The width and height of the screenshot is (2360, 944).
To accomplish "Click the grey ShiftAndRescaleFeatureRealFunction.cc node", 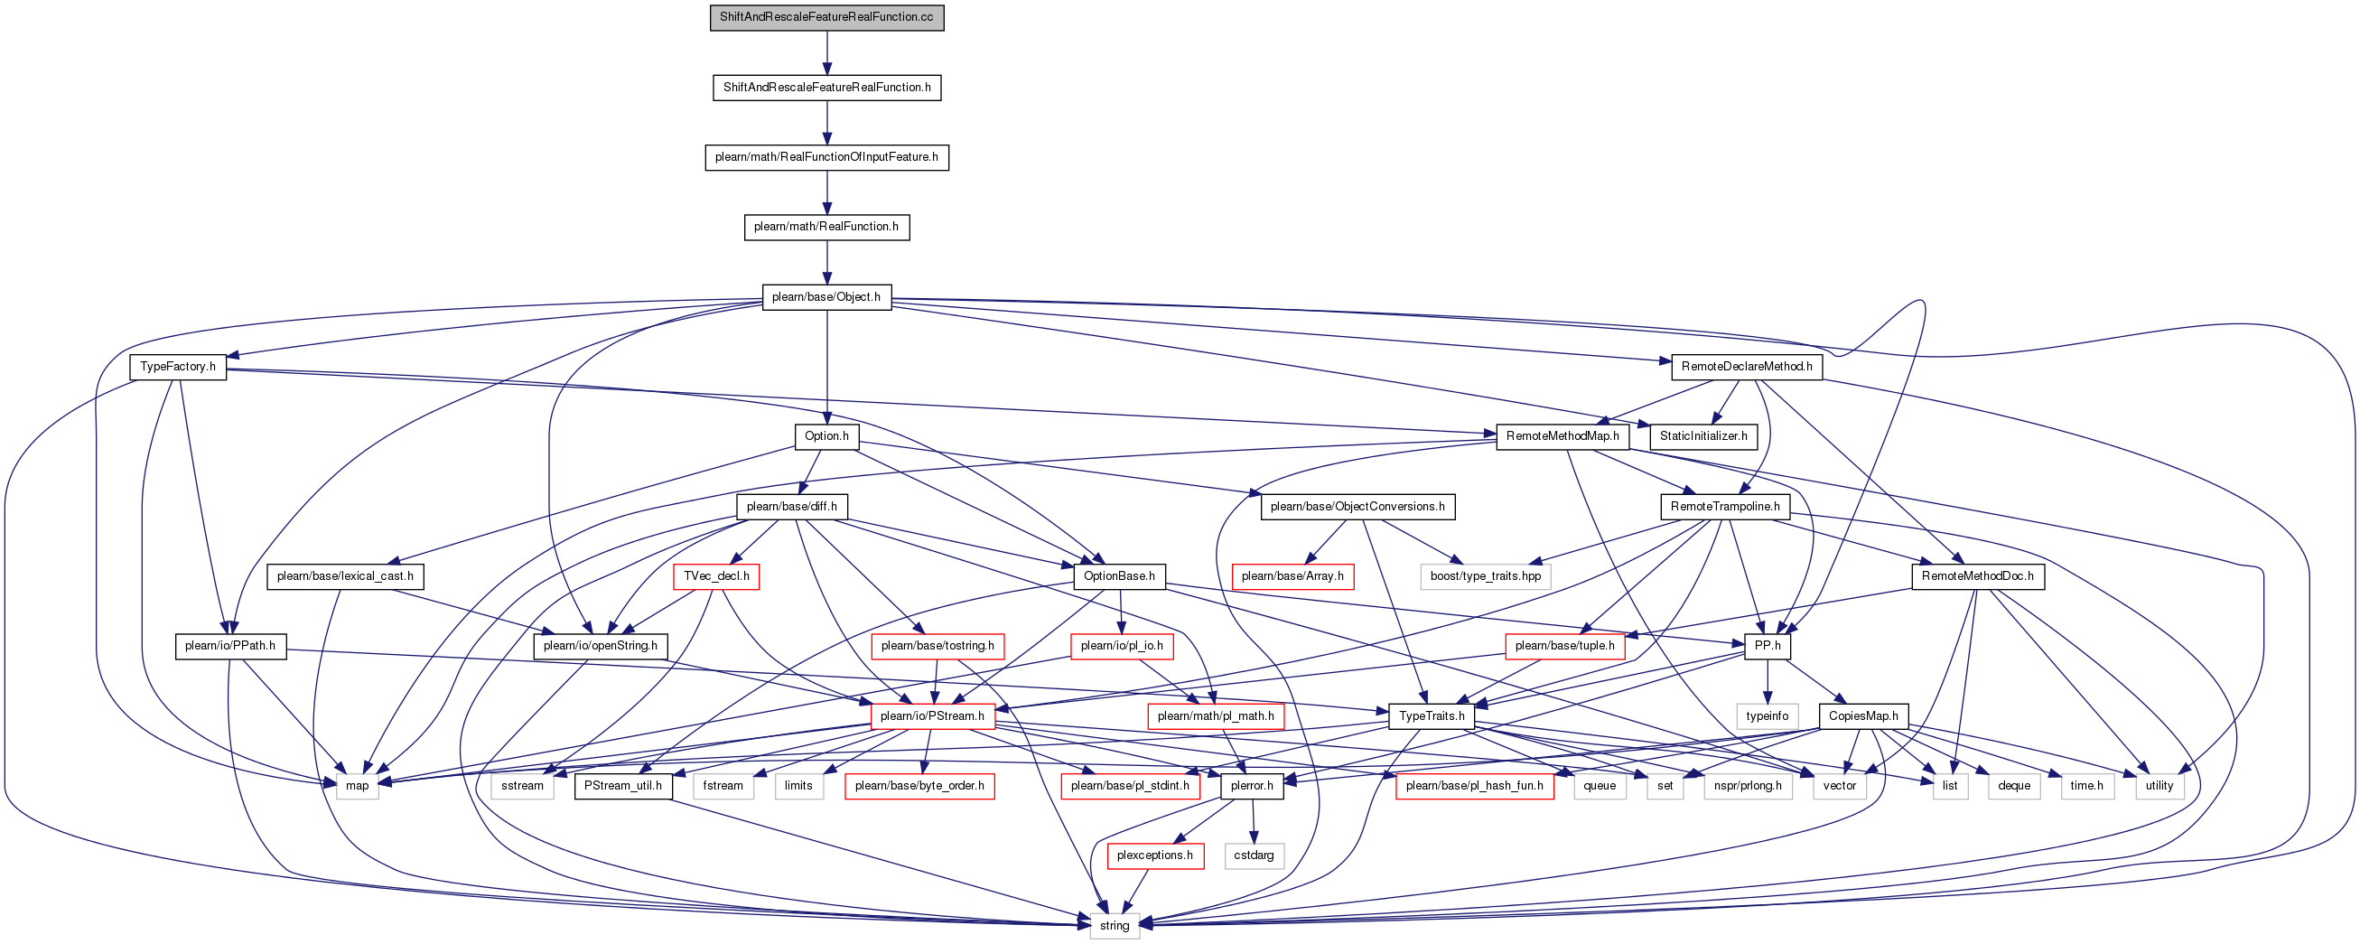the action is [x=826, y=17].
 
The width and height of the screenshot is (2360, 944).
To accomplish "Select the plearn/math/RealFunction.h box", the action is [x=826, y=227].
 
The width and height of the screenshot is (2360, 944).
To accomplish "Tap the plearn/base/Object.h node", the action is [x=826, y=297].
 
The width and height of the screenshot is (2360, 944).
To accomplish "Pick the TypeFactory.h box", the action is [x=178, y=367].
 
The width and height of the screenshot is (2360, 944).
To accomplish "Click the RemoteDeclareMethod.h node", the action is [x=1746, y=367].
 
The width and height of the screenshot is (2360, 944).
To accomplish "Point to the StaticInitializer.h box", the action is [x=1703, y=436].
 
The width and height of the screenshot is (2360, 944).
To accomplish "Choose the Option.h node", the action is [x=826, y=436].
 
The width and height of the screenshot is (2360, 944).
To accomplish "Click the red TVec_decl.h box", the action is [x=716, y=576].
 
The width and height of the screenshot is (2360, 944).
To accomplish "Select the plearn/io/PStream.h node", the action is [x=933, y=715].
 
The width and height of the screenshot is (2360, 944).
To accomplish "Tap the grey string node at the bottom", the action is [x=1114, y=926].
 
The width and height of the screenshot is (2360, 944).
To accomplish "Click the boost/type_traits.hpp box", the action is [x=1486, y=576].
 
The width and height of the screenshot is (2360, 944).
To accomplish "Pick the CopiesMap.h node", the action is [x=1863, y=715].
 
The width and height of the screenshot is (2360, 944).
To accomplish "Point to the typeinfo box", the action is [x=1768, y=715].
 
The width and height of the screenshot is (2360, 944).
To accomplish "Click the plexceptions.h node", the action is [x=1154, y=855].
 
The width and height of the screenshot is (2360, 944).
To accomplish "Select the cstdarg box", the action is [x=1254, y=855].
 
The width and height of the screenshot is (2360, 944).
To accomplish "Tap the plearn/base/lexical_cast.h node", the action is [x=345, y=576].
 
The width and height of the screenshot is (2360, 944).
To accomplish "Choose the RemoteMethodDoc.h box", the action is [x=1977, y=576].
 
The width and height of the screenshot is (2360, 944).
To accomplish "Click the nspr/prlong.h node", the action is [x=1748, y=785].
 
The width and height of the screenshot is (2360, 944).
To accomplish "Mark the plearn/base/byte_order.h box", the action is [x=919, y=785].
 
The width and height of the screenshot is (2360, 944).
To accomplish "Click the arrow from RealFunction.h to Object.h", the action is [x=826, y=262].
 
